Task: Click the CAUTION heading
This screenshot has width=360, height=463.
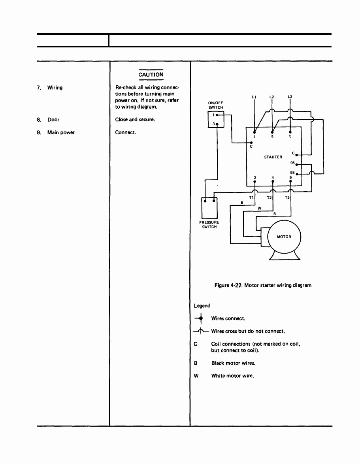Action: coord(151,75)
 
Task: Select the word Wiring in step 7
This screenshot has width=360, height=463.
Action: coord(55,88)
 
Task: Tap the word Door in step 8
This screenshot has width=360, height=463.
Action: coord(53,120)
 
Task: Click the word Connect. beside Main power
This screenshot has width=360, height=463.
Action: coord(126,132)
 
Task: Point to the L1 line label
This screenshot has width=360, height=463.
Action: coord(254,97)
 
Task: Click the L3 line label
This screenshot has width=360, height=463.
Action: coord(290,97)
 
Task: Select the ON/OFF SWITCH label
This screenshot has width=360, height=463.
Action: coord(216,105)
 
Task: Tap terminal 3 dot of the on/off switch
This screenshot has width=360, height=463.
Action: coord(217,124)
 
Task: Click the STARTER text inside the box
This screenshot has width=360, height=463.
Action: coord(273,157)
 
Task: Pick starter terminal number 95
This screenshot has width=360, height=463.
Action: coord(292,163)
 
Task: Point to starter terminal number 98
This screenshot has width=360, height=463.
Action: coord(292,173)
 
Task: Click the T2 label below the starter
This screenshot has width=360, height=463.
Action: coord(270,198)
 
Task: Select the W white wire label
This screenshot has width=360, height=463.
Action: coord(260,209)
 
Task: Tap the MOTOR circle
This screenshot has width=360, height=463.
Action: coord(284,237)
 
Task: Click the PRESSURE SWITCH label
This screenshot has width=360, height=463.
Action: coord(209,224)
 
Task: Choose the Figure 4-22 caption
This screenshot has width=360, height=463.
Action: coord(263,285)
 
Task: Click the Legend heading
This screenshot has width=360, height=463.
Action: coord(202,306)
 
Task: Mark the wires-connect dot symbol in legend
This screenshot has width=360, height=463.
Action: coord(201,318)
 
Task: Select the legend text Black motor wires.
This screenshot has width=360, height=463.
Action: coord(233,363)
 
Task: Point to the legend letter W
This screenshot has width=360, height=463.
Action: coord(196,376)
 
